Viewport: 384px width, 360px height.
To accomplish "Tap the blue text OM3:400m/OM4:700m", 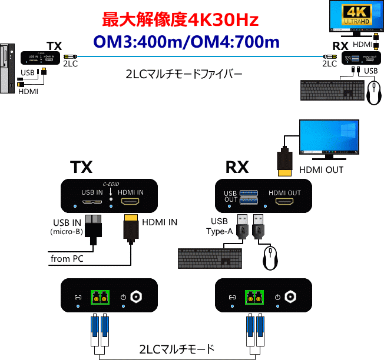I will click(186, 42).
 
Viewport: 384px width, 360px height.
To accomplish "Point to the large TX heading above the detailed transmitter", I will click(82, 168).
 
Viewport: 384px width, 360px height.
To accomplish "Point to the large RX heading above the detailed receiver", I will click(237, 168).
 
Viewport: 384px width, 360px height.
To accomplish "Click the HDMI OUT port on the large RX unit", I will click(284, 202).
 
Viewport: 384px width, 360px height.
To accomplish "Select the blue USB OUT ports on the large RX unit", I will click(246, 196).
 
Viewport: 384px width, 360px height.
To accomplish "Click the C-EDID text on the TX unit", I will click(111, 184).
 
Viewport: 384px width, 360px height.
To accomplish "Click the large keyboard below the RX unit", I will click(210, 257).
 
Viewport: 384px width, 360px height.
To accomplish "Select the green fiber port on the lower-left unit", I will click(99, 298).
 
